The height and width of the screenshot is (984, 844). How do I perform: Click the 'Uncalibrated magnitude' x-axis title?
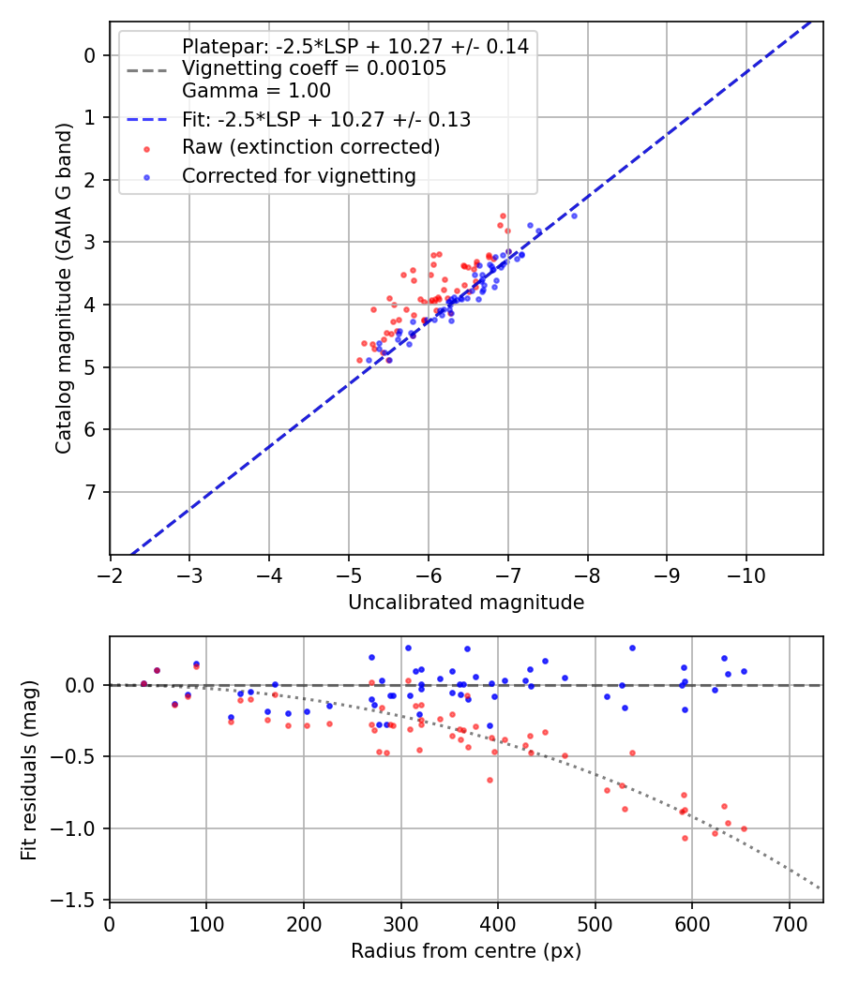[466, 603]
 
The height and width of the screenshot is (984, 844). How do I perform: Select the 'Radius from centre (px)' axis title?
[466, 951]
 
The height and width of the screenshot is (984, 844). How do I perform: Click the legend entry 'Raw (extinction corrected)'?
[310, 147]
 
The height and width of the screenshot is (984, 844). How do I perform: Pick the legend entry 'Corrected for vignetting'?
[298, 175]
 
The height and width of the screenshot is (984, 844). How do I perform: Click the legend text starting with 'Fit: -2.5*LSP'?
[325, 120]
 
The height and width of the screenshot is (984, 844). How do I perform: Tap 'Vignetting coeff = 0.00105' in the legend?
[314, 68]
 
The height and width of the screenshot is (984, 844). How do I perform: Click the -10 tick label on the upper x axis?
[746, 571]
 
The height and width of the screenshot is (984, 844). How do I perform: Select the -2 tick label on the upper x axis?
[111, 571]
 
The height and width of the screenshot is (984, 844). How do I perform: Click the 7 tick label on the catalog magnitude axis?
[90, 492]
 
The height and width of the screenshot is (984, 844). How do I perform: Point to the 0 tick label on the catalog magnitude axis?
[90, 55]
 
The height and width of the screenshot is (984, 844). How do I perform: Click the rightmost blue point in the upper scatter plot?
[574, 216]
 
